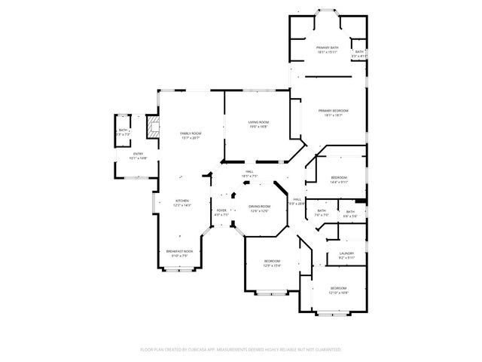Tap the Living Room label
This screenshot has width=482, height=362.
259,122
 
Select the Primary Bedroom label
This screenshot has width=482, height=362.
335,111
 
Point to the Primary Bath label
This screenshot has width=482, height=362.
327,48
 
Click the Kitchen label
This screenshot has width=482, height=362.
183,201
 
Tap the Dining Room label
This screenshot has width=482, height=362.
259,207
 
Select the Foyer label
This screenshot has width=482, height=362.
221,210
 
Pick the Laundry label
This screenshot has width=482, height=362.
346,253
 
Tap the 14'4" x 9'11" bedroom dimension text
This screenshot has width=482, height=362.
339,182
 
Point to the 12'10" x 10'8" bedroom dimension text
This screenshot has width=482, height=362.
339,293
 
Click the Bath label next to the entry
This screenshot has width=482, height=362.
123,130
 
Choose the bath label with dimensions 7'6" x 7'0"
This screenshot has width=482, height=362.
321,215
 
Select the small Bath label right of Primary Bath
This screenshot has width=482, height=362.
359,52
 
